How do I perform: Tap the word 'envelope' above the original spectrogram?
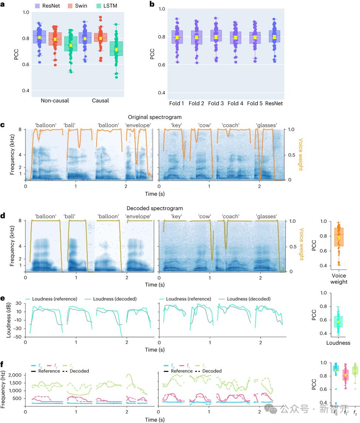(138, 125)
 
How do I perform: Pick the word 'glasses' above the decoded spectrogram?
(266, 216)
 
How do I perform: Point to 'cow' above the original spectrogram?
(205, 125)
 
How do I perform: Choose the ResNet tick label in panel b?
(274, 103)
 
